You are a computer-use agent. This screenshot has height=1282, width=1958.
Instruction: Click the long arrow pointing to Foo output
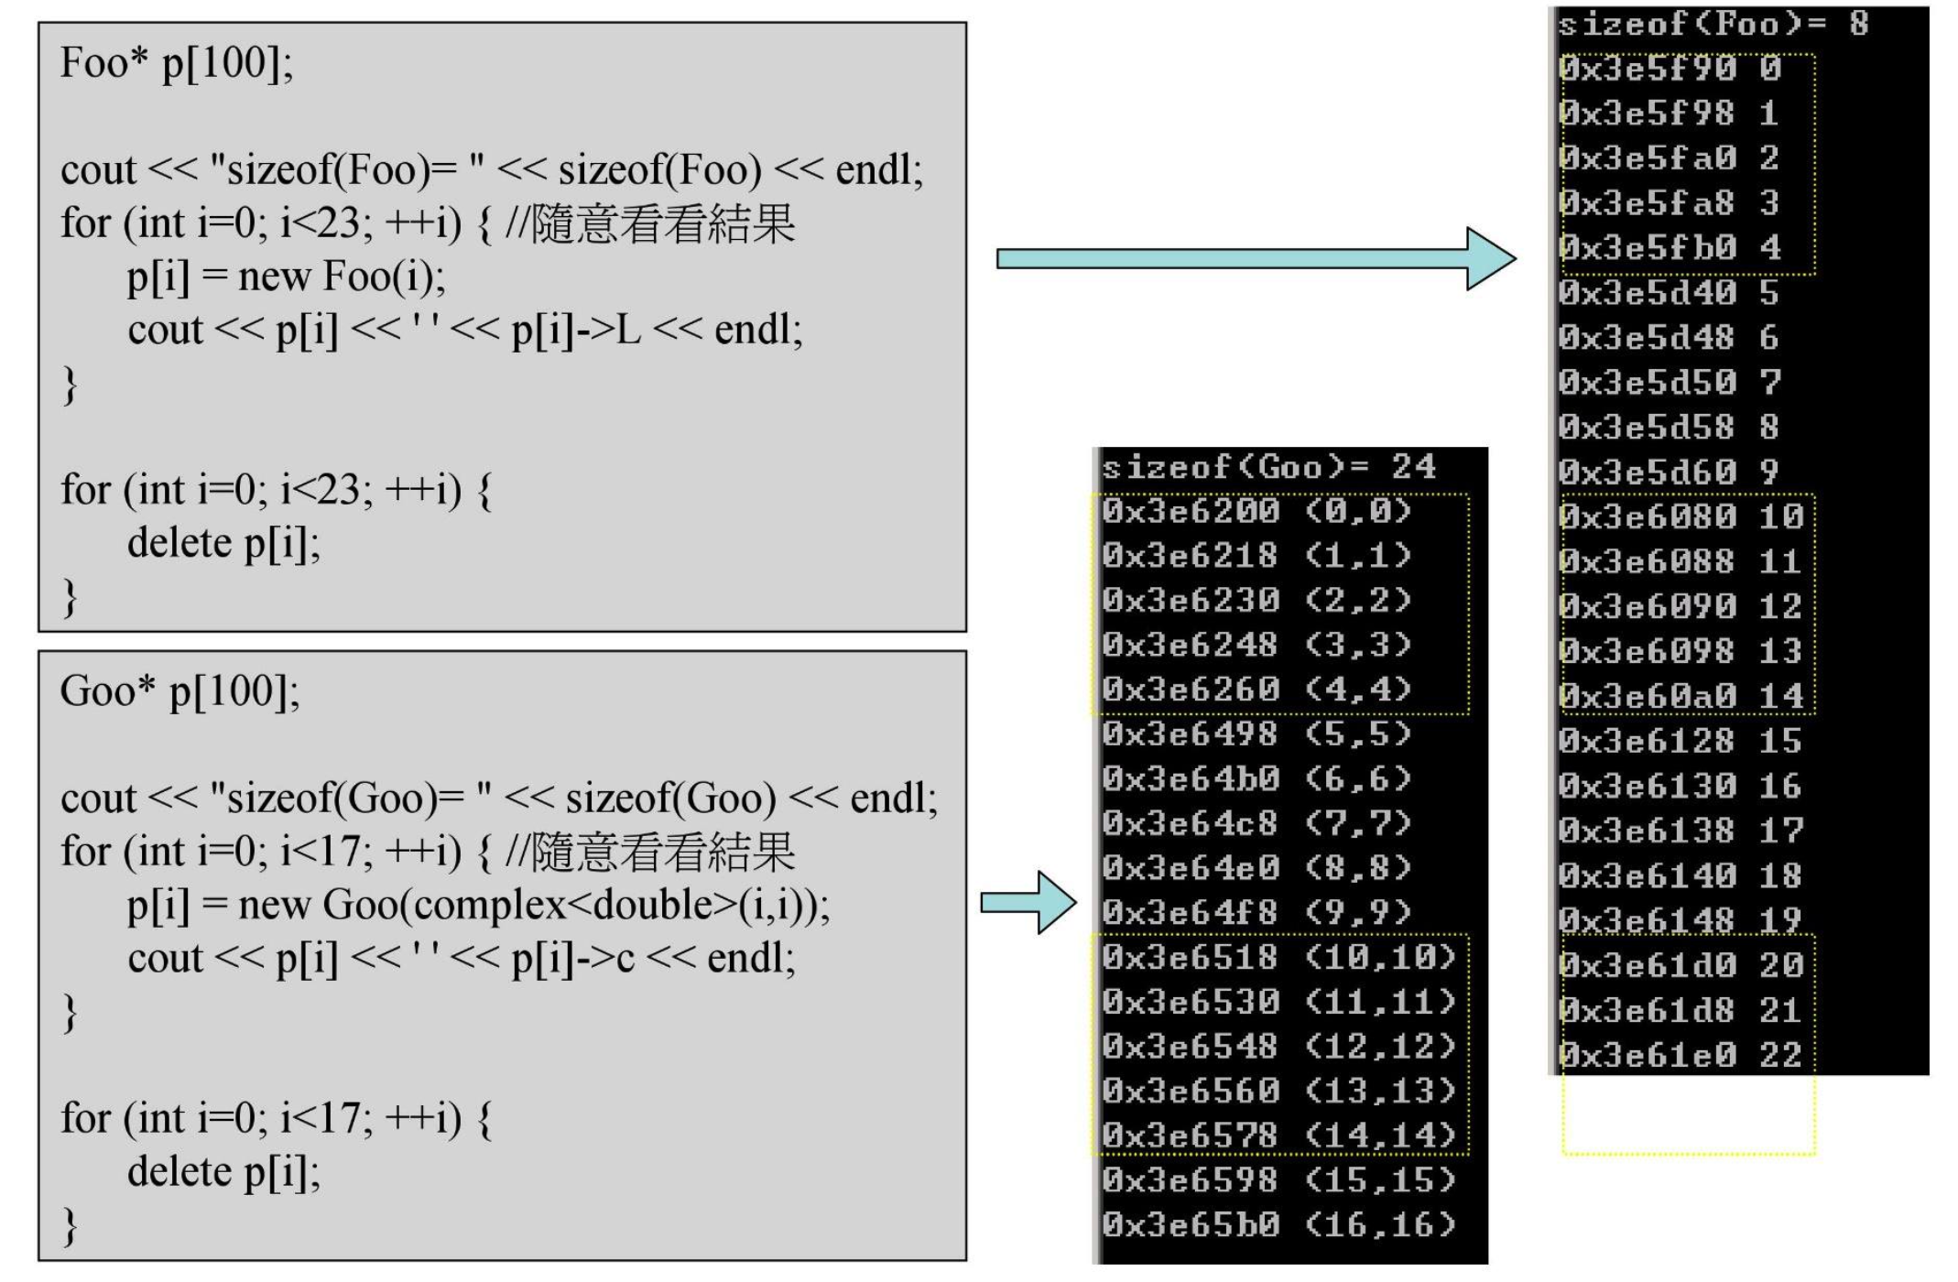pos(1255,259)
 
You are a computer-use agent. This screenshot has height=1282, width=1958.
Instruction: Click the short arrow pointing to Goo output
pos(1028,903)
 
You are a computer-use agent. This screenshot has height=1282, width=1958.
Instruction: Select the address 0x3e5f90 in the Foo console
pos(1647,69)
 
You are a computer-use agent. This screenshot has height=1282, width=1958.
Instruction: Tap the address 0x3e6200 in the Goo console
pos(1190,511)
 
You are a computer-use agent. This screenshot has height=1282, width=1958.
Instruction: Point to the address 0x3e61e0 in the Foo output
pos(1647,1056)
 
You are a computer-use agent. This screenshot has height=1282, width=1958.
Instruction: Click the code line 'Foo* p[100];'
pos(177,63)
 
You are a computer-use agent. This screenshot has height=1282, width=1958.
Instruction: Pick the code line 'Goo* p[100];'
pos(179,691)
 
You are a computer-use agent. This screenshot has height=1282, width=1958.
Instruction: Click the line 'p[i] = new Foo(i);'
pos(286,277)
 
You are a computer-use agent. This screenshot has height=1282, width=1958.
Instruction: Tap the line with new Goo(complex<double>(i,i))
pos(478,906)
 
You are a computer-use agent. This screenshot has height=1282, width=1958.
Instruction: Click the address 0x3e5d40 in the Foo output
pos(1647,293)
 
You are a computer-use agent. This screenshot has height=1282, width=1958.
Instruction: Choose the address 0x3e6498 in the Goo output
pos(1190,734)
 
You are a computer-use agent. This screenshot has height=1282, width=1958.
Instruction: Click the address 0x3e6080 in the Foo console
pos(1647,517)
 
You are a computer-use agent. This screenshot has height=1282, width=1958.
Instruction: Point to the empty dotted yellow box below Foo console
pos(1688,1114)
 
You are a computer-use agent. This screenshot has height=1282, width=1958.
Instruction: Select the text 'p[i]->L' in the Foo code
pos(576,331)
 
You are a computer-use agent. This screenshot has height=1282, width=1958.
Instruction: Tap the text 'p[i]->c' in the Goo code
pos(572,959)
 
